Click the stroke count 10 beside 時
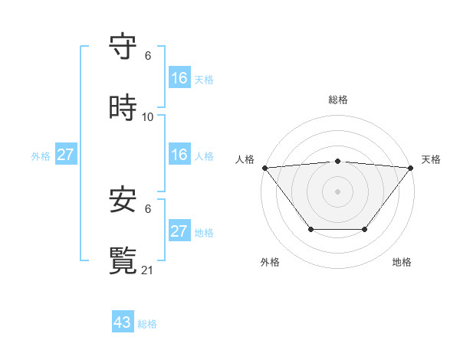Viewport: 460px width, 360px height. coord(148,116)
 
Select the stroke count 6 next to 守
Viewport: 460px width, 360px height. coord(148,56)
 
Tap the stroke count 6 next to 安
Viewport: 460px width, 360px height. coord(148,208)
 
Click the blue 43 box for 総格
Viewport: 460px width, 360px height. coord(123,322)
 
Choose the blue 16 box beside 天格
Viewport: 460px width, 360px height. coord(179,78)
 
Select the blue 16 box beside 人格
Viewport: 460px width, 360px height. coord(179,155)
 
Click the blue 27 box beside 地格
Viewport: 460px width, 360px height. coord(179,231)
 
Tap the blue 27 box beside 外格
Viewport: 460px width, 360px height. coord(65,155)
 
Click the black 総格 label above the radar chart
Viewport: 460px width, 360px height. coord(338,100)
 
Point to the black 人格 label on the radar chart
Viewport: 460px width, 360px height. coord(245,159)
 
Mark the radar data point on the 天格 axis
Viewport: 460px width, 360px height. coord(410,168)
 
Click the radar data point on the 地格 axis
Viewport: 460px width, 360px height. coord(365,229)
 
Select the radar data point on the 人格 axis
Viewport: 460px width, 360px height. coord(264,168)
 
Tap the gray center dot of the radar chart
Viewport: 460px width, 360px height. coord(337,191)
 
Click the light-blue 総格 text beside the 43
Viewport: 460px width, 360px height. coord(147,324)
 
